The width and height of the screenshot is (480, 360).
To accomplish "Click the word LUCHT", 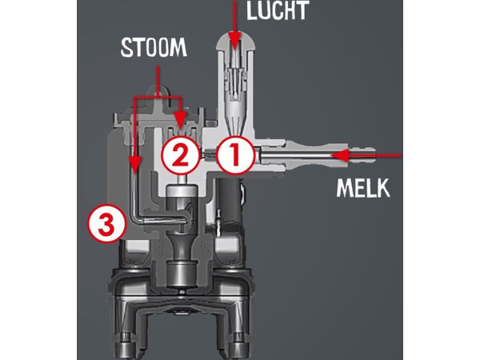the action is [277, 11].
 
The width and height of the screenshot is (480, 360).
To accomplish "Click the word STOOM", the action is [154, 48].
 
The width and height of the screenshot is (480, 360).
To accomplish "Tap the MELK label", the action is [363, 188].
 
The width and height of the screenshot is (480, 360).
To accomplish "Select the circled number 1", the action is [235, 155].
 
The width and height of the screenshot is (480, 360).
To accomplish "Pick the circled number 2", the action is [180, 155].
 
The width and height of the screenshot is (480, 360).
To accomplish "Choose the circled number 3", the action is [107, 223].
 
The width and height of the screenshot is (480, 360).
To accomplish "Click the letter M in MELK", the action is [345, 188].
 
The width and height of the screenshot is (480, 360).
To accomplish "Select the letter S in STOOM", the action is [126, 48].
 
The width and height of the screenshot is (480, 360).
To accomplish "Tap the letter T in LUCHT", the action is [302, 11].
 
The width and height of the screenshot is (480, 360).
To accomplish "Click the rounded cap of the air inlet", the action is [236, 41].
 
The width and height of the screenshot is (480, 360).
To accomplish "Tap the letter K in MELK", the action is [383, 188].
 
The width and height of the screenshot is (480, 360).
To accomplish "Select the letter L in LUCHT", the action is [253, 11].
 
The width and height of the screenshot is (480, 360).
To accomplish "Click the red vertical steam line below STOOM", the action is [158, 82].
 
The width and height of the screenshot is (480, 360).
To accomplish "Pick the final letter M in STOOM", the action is [178, 48].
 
